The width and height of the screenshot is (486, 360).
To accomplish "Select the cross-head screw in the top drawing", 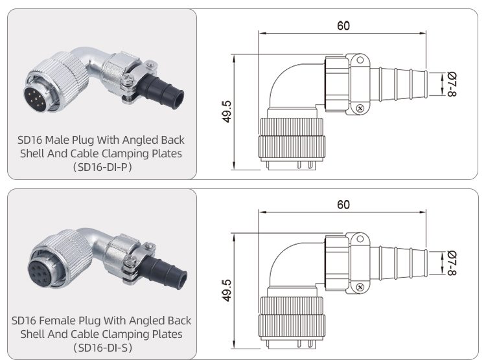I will [359, 106].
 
